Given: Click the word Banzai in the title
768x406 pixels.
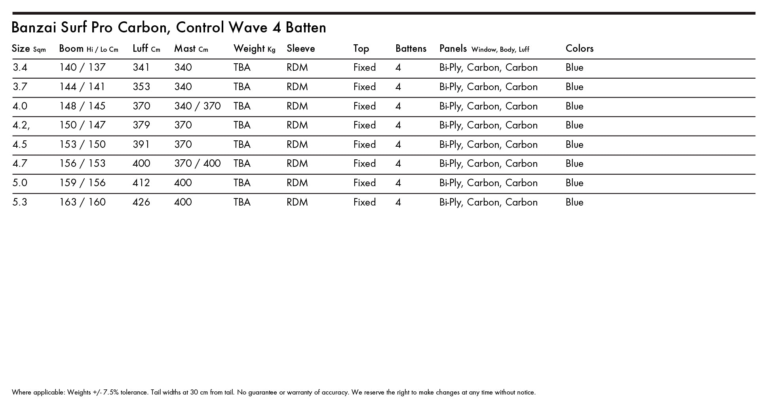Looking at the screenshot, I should (34, 28).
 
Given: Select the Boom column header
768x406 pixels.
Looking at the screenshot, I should (71, 49).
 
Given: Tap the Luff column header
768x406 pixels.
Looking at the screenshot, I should (140, 49).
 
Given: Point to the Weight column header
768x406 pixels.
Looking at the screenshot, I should (249, 49).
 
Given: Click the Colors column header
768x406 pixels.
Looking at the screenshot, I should (579, 49).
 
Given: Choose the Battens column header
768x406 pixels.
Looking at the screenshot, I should (411, 49).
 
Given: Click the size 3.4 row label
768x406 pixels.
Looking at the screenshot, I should (20, 68).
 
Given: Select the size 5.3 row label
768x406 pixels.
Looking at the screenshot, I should (20, 202).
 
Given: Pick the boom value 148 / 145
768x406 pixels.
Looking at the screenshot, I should (82, 106).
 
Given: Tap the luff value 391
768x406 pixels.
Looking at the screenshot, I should (141, 145).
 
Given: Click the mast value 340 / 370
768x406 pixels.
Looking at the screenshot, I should (197, 106).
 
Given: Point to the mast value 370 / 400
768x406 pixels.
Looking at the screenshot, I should (197, 164).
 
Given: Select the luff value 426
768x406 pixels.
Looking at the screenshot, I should (141, 202).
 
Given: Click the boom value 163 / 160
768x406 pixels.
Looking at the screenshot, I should (82, 202).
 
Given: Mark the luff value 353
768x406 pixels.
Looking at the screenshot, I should (141, 87).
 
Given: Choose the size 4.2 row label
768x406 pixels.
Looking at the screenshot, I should (21, 125).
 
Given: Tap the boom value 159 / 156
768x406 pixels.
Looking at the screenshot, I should (82, 183).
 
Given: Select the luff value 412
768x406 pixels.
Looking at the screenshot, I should (141, 183).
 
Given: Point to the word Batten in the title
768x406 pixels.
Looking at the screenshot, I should (306, 28).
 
